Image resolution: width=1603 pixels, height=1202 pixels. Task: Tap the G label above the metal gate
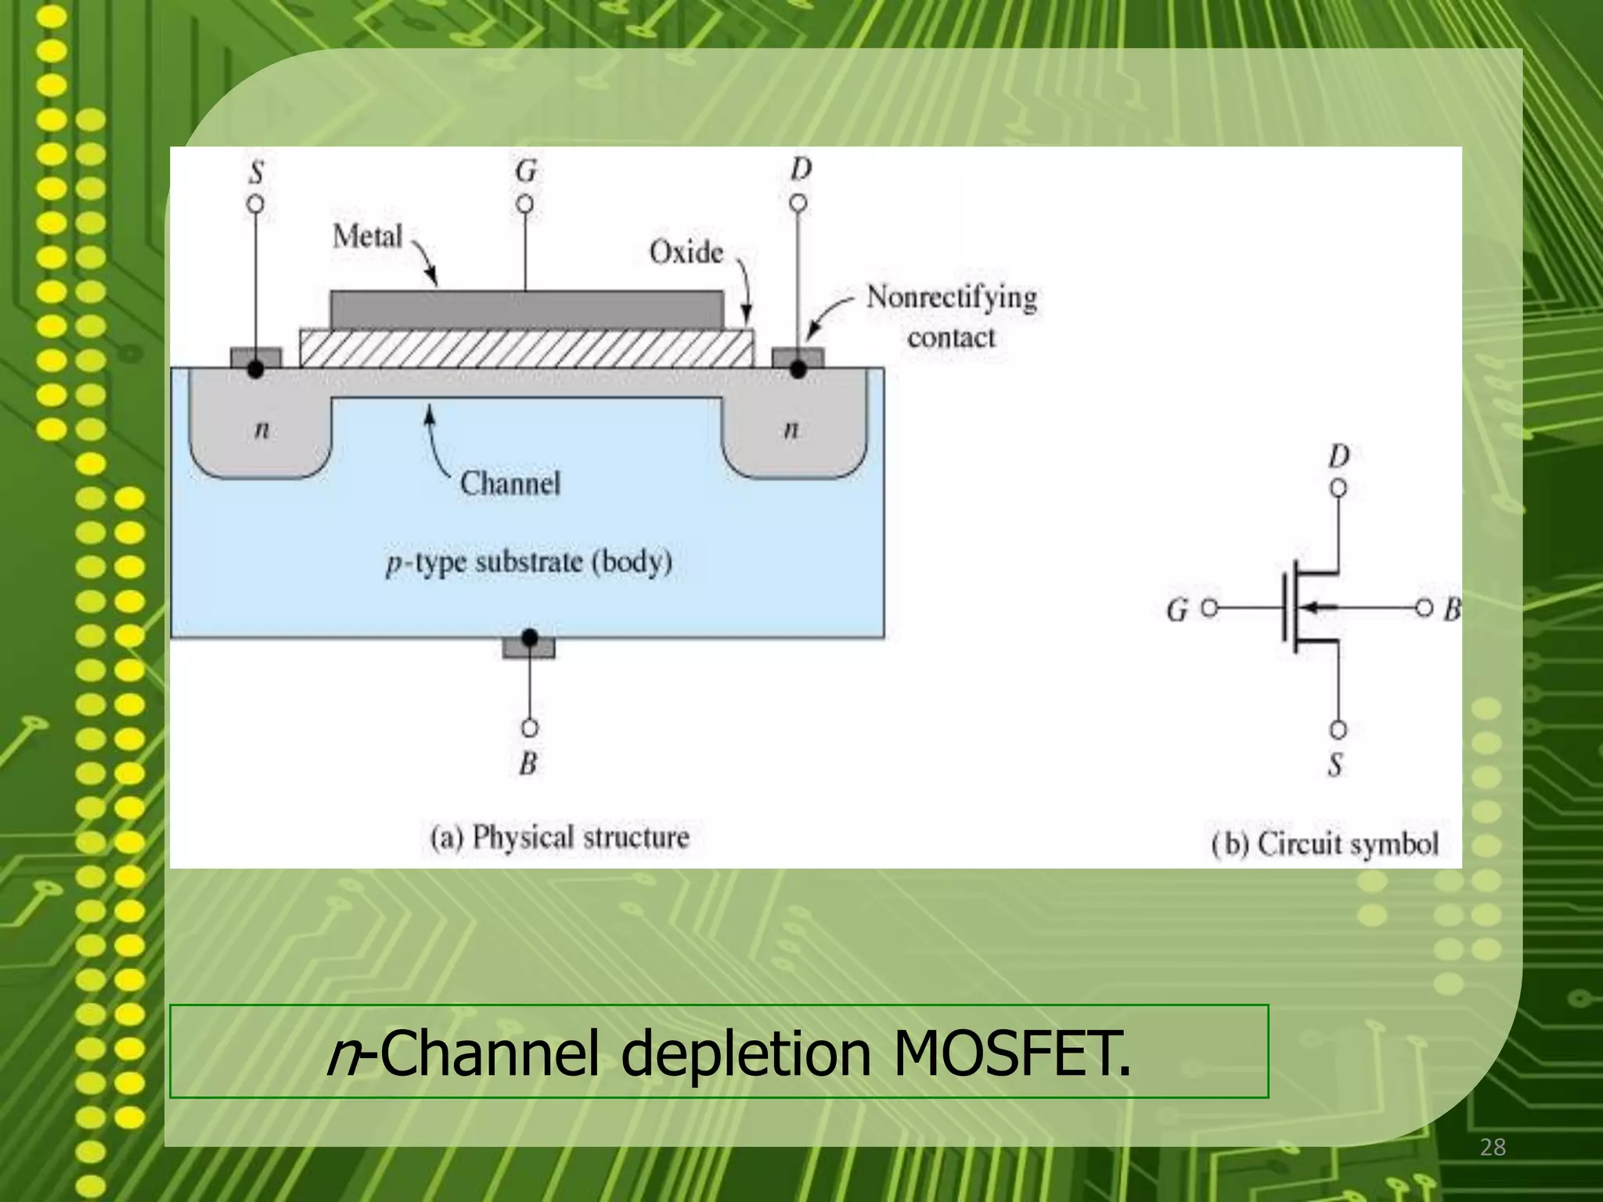(526, 171)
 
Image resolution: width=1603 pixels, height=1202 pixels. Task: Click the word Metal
(367, 236)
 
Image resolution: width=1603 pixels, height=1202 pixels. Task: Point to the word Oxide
(686, 252)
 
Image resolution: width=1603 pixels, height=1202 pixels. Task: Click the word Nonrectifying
(951, 297)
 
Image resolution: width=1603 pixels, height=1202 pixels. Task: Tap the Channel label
(510, 483)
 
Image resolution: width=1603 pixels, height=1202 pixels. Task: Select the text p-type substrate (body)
(529, 562)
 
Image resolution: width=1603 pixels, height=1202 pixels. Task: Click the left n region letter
(262, 430)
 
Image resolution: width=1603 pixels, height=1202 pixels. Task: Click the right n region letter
(791, 430)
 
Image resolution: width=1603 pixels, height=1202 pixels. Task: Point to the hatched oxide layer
(527, 348)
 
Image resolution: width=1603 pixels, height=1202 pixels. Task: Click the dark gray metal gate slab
(527, 309)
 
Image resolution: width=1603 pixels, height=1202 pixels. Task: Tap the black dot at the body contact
(530, 638)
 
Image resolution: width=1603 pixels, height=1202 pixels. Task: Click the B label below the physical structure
(528, 763)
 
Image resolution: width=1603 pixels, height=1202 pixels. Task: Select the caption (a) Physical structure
(560, 837)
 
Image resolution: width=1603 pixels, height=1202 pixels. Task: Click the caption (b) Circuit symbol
(1324, 844)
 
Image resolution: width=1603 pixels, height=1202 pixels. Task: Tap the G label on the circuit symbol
(1176, 610)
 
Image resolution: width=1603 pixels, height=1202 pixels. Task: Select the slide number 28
(1493, 1147)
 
